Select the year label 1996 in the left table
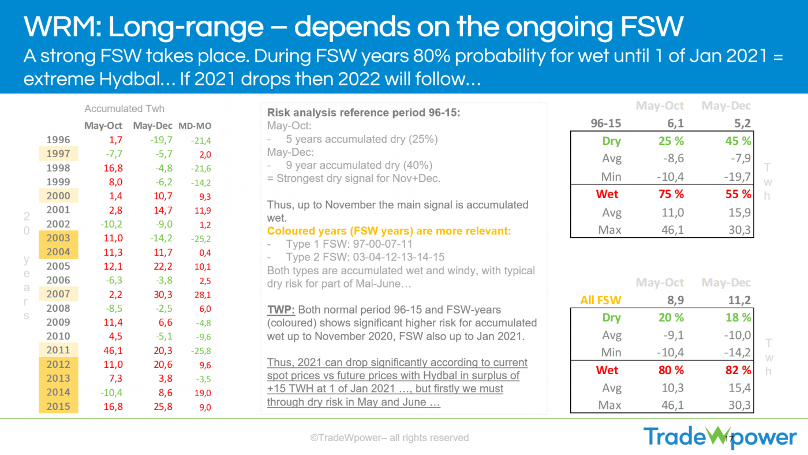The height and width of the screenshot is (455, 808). coord(58,140)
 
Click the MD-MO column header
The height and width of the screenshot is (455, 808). coord(194,126)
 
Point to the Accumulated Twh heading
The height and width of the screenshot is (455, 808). coord(124,109)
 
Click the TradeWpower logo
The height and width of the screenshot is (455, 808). coord(720,437)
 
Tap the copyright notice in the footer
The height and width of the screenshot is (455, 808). coord(389,438)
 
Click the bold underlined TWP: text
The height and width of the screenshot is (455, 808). coord(281,310)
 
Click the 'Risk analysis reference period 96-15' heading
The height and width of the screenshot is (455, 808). coord(364,113)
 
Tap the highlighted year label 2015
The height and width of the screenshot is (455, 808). coord(58,406)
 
